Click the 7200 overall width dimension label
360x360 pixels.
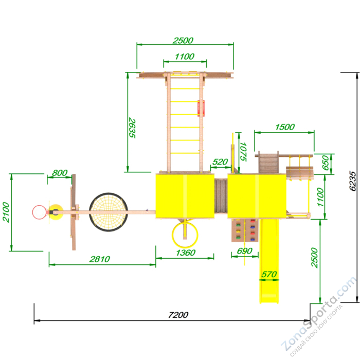pyautogui.click(x=178, y=315)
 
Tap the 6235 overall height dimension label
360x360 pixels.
pyautogui.click(x=353, y=181)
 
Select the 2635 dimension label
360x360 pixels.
pyautogui.click(x=132, y=128)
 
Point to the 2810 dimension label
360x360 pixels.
pyautogui.click(x=100, y=259)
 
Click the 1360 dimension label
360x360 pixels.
pyautogui.click(x=186, y=253)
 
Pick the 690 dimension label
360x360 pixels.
pyautogui.click(x=245, y=251)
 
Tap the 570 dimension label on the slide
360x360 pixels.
pyautogui.click(x=269, y=274)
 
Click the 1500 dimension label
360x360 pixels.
pyautogui.click(x=285, y=127)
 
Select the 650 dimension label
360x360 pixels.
pyautogui.click(x=326, y=163)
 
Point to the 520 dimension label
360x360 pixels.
pyautogui.click(x=220, y=161)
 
